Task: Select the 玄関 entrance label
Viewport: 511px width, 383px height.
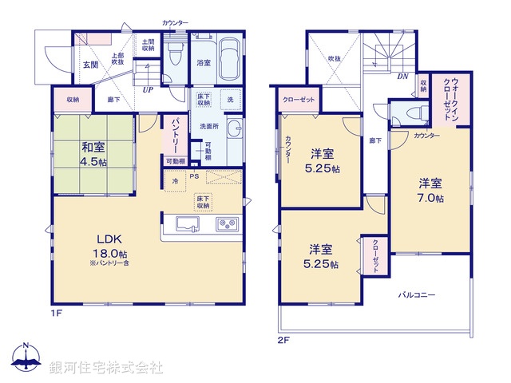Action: [89, 65]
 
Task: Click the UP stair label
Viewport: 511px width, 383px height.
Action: [148, 89]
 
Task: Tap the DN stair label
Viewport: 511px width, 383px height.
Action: [402, 76]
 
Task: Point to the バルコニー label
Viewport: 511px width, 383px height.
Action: [418, 294]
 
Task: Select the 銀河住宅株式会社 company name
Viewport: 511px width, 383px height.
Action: [105, 367]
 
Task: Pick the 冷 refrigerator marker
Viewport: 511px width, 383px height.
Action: [175, 182]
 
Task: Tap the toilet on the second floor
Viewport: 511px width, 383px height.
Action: [406, 113]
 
